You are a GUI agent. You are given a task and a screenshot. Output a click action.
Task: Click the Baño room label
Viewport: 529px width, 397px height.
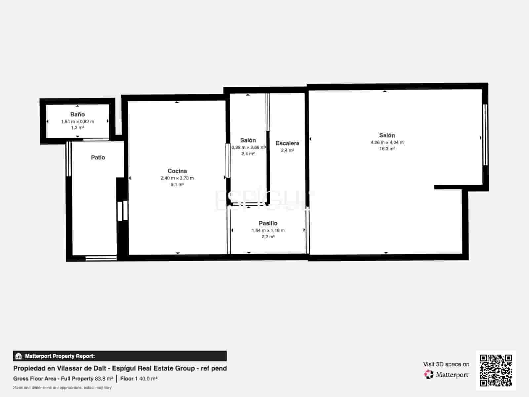(x=77, y=114)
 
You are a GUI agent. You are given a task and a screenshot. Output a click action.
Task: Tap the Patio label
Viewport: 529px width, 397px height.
(x=98, y=157)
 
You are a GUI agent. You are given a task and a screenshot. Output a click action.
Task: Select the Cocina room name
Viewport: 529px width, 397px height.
(x=177, y=171)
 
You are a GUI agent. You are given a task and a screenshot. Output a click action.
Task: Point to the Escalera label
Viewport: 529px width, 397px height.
(x=287, y=143)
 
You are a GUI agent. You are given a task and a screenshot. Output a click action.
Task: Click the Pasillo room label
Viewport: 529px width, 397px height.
(x=268, y=223)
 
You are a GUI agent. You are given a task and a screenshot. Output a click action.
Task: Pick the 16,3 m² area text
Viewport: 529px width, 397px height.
(x=387, y=149)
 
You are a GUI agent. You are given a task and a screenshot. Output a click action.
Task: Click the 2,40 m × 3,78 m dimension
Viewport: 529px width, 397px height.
(x=177, y=178)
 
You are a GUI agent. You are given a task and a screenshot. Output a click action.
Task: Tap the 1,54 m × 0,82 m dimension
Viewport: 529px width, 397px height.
(x=77, y=121)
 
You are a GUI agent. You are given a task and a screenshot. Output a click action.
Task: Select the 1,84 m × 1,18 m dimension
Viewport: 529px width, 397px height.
(x=268, y=231)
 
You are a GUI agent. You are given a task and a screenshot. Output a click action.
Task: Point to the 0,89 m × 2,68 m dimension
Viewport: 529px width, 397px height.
(x=248, y=147)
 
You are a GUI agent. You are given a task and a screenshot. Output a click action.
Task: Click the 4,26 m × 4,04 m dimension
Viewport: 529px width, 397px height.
(x=387, y=143)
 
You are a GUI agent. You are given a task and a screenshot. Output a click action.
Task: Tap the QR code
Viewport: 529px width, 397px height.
(x=496, y=370)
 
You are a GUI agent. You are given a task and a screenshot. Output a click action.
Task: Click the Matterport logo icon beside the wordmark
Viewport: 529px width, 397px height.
(x=429, y=375)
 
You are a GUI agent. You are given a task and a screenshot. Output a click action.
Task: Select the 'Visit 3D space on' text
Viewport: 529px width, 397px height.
(x=446, y=364)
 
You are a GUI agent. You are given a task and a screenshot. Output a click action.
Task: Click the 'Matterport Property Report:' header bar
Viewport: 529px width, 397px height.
(x=120, y=356)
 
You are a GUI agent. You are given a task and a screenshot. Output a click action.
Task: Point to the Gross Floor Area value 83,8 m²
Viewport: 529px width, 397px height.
(x=104, y=379)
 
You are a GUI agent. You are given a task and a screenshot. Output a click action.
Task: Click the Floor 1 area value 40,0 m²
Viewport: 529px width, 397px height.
(x=148, y=379)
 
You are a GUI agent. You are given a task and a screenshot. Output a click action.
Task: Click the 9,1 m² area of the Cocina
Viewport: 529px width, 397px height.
(x=177, y=184)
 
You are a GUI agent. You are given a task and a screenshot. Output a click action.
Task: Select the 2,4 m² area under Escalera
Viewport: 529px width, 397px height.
(x=287, y=151)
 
